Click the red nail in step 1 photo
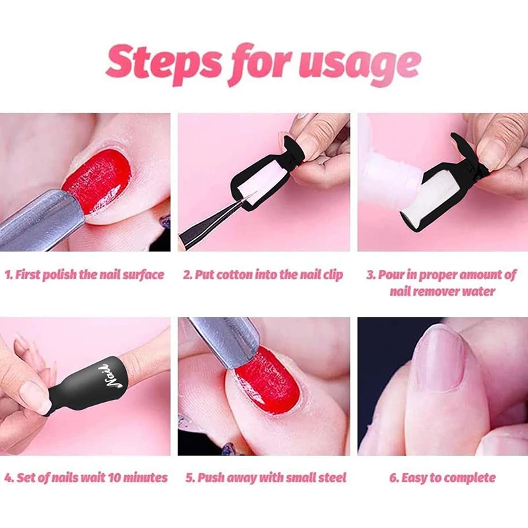click(98, 179)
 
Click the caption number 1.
click(9, 275)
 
